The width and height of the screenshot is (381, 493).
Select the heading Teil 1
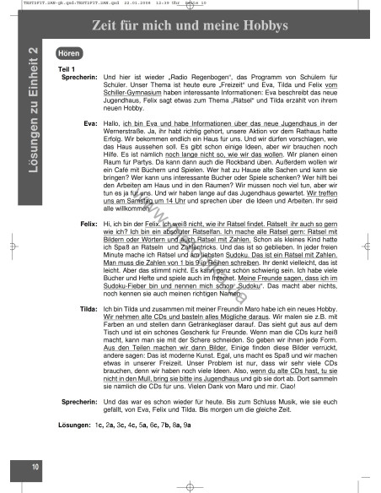coord(67,68)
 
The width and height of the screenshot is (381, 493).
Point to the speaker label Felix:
coord(87,223)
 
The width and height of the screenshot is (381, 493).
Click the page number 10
coord(35,467)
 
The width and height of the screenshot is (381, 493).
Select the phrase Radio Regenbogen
coord(203,76)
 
